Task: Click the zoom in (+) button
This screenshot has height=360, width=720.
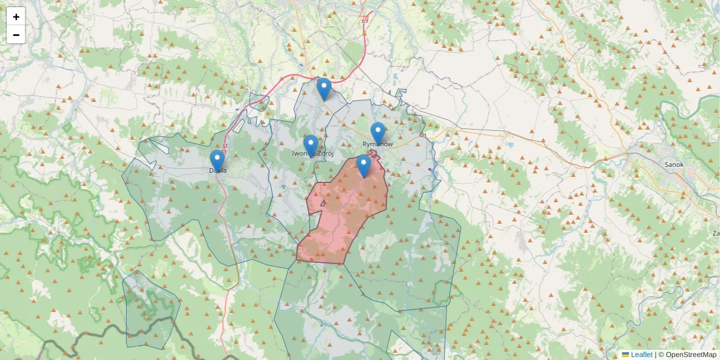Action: pyautogui.click(x=16, y=17)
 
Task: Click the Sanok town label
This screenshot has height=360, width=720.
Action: pyautogui.click(x=674, y=163)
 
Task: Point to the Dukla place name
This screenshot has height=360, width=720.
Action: pyautogui.click(x=217, y=170)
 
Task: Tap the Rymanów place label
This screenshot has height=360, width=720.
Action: pyautogui.click(x=377, y=145)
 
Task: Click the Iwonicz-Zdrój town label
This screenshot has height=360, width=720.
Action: pyautogui.click(x=312, y=153)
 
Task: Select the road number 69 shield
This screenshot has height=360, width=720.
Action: pyautogui.click(x=365, y=21)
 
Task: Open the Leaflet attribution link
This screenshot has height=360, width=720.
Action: pyautogui.click(x=641, y=355)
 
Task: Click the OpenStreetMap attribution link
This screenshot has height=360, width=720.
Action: pyautogui.click(x=687, y=355)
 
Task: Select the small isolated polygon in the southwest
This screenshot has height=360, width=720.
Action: pyautogui.click(x=150, y=312)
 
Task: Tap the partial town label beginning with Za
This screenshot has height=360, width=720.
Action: pyautogui.click(x=715, y=233)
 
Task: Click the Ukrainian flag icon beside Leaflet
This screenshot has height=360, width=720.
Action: pyautogui.click(x=625, y=355)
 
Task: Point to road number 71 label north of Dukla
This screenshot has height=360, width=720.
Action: pyautogui.click(x=224, y=146)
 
